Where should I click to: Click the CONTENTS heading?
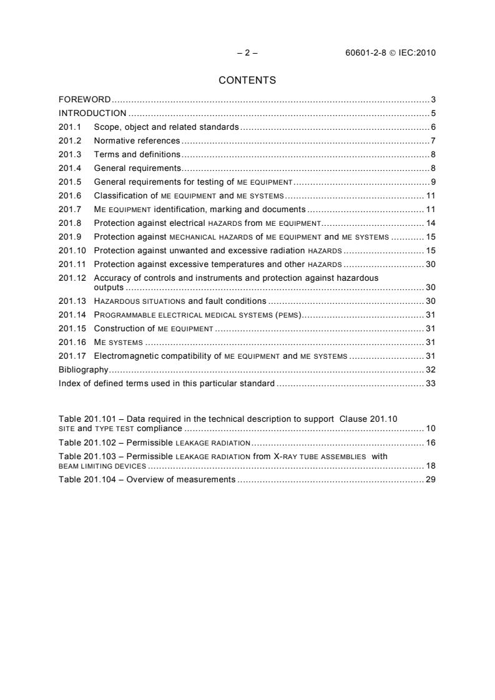(x=247, y=80)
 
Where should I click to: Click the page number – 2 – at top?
(x=247, y=53)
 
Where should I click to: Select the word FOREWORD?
(x=84, y=100)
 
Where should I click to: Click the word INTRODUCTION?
(x=92, y=114)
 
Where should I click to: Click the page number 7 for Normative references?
(x=433, y=141)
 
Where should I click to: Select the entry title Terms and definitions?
(x=137, y=155)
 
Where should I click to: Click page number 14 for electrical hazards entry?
(x=430, y=223)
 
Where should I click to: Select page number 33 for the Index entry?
(x=430, y=384)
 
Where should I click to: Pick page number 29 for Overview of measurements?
(x=430, y=480)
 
